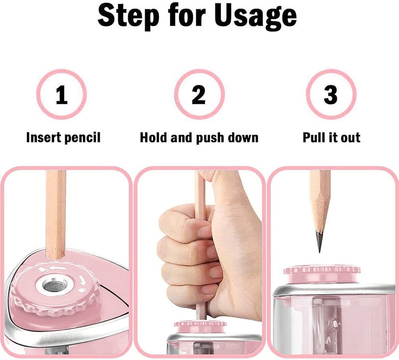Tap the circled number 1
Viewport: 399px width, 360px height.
tap(61, 94)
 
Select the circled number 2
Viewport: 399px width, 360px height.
tap(199, 94)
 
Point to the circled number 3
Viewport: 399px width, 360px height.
tap(331, 94)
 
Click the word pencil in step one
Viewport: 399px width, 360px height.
tap(82, 138)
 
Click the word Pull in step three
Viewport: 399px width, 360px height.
tap(314, 138)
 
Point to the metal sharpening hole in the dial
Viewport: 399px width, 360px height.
tap(53, 284)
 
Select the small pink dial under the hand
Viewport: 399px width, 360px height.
tap(200, 326)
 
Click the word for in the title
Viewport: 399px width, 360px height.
tap(187, 16)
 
